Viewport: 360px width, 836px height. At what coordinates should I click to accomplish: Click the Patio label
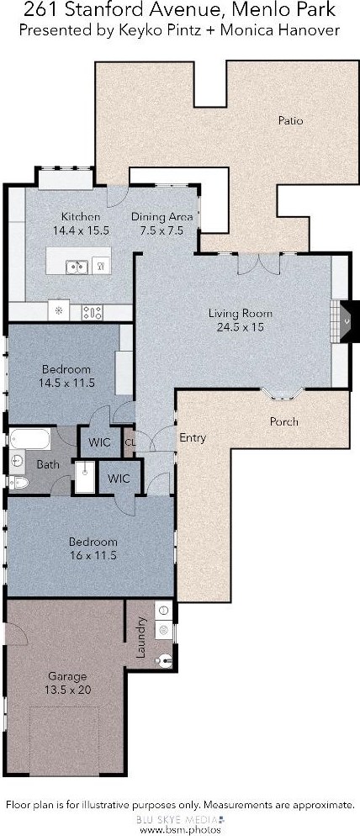point(291,120)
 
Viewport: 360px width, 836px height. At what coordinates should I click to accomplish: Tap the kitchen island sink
point(77,266)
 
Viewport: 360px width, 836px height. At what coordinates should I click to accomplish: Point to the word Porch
point(283,421)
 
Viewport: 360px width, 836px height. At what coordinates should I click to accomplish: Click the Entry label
point(193,437)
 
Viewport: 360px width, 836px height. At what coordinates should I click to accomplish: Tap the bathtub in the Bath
point(30,439)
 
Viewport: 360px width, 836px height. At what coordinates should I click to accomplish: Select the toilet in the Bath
point(18,483)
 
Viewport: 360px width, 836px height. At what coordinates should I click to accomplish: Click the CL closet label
point(130,442)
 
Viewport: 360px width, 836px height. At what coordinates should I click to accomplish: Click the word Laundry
point(141,638)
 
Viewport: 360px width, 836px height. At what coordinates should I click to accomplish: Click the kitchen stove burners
point(92,312)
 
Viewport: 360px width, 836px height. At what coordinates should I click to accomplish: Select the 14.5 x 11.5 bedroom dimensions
point(66,383)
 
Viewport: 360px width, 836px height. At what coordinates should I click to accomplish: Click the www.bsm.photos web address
point(180,829)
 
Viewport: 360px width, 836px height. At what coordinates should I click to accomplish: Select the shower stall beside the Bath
point(84,477)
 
